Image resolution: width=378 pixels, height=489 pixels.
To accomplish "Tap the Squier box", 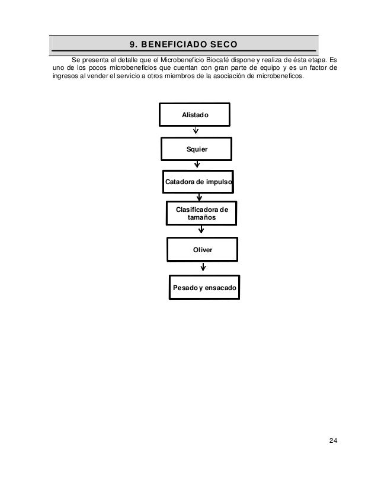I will click(x=197, y=149).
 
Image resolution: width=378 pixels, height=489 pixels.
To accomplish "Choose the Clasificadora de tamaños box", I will click(x=201, y=214).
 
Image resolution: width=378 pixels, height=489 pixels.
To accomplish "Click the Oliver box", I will click(x=202, y=250).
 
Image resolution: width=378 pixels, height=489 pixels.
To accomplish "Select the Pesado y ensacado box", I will click(x=204, y=287).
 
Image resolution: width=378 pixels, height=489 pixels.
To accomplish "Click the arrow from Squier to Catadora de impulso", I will click(x=197, y=166).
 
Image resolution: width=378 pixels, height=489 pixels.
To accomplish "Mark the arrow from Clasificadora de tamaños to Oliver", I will click(x=201, y=231).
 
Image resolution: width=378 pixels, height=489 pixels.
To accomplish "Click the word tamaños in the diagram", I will click(x=201, y=218).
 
